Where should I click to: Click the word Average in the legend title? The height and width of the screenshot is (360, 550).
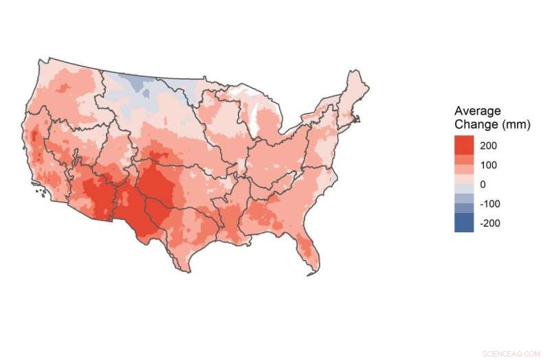[x=478, y=112]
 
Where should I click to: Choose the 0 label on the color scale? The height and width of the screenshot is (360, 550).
[x=483, y=184]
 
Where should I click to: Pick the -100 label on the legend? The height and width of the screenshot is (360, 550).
[x=489, y=204]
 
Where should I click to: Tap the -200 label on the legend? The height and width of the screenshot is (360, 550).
[x=489, y=223]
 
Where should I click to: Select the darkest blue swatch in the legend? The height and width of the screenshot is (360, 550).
[x=464, y=223]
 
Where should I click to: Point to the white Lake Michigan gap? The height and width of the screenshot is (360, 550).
[x=256, y=121]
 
